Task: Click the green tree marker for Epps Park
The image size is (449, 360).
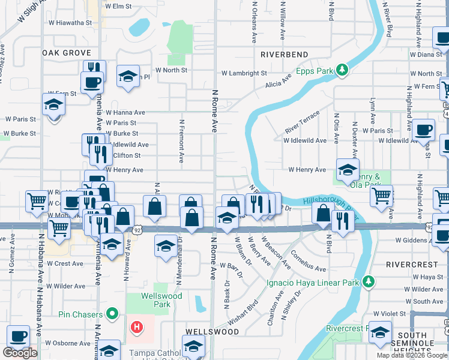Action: (343, 71)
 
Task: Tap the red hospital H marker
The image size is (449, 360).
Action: (137, 327)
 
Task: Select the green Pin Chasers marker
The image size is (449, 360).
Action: (112, 313)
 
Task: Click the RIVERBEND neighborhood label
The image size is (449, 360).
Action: (284, 55)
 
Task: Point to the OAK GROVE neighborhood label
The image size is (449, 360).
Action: (67, 53)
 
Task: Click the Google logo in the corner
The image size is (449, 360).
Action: (20, 352)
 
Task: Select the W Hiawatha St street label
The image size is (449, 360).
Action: (70, 23)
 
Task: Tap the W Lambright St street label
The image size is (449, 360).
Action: (244, 73)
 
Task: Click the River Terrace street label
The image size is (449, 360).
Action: (302, 122)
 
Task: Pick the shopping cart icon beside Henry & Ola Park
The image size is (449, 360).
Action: (382, 195)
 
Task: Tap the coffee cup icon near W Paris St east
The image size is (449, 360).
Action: (424, 129)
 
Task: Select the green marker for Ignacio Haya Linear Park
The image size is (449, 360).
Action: (369, 281)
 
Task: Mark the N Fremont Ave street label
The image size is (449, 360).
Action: (181, 141)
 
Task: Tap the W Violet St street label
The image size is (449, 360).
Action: (390, 313)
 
